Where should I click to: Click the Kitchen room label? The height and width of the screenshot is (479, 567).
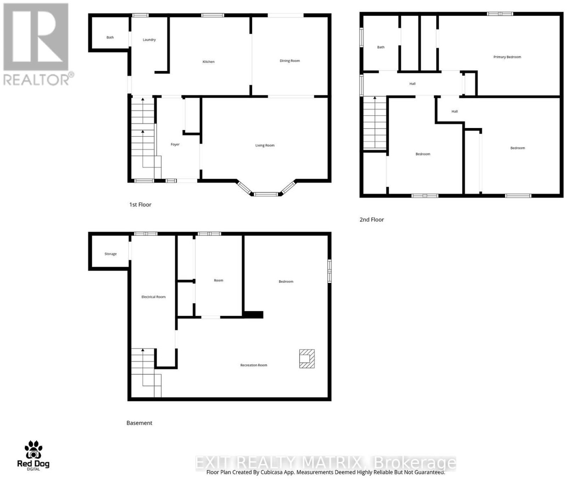click(208, 62)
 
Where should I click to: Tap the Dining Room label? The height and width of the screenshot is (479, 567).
click(290, 61)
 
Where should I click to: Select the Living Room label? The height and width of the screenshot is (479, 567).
click(265, 145)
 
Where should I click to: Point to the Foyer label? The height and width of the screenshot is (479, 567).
click(175, 145)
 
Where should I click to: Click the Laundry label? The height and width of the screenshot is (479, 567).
click(149, 40)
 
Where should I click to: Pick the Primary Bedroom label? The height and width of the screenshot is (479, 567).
click(507, 57)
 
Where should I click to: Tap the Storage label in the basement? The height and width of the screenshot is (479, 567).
click(111, 254)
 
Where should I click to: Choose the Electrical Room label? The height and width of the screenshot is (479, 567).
click(153, 297)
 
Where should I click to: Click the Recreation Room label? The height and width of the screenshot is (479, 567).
click(254, 365)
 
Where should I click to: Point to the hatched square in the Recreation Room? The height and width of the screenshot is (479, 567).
click(307, 358)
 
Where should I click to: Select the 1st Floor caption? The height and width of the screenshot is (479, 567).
click(140, 205)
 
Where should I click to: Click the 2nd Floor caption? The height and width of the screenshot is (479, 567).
click(372, 219)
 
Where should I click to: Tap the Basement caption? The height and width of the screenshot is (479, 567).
click(139, 423)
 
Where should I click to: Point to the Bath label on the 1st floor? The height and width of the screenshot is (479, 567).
click(110, 38)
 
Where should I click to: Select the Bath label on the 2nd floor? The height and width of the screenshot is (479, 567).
click(381, 47)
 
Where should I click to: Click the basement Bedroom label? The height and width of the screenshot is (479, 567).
click(286, 282)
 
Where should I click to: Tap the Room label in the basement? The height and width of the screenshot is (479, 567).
click(219, 280)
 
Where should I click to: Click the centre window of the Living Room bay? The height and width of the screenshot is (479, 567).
click(266, 194)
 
